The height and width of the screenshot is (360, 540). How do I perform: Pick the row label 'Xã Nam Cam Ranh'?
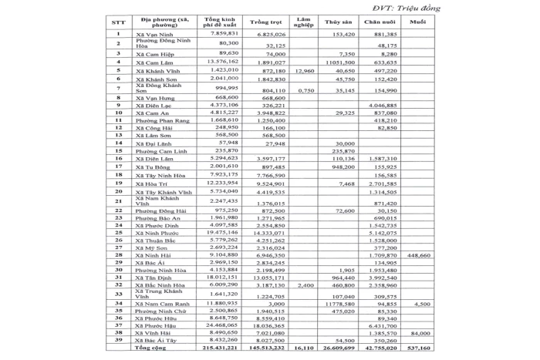coord(160,304)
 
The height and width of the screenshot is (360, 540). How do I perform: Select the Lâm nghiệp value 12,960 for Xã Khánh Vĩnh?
coord(305,69)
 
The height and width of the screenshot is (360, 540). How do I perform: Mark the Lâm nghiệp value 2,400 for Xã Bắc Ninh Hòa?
coord(306,285)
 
